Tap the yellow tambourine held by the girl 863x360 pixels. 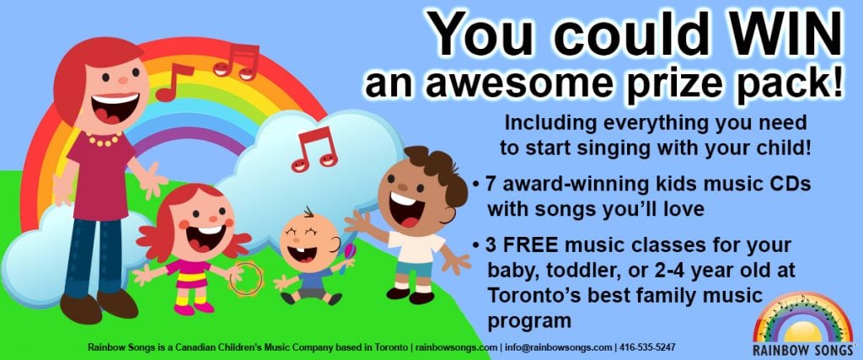tap(246, 278)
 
